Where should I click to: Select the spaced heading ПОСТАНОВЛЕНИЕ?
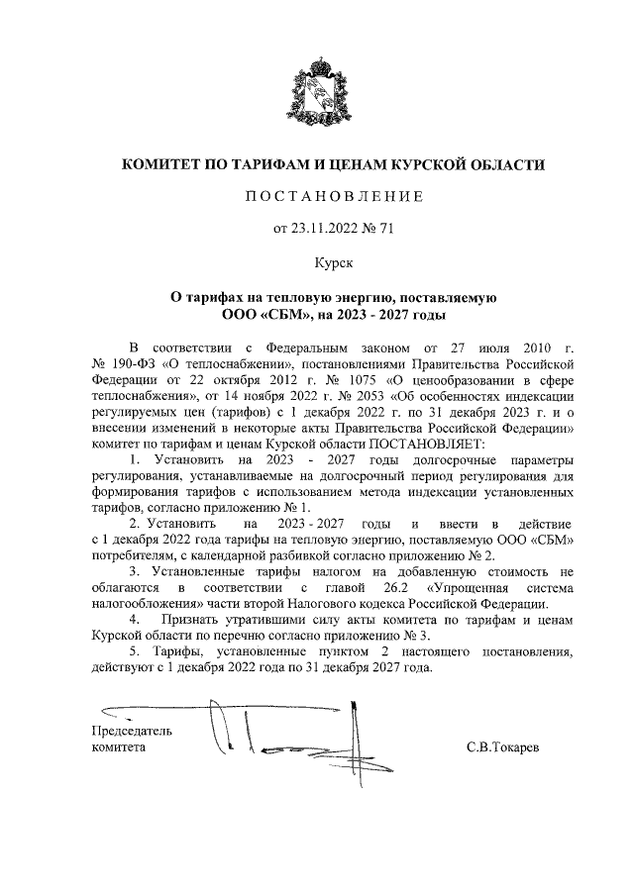tap(334, 197)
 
